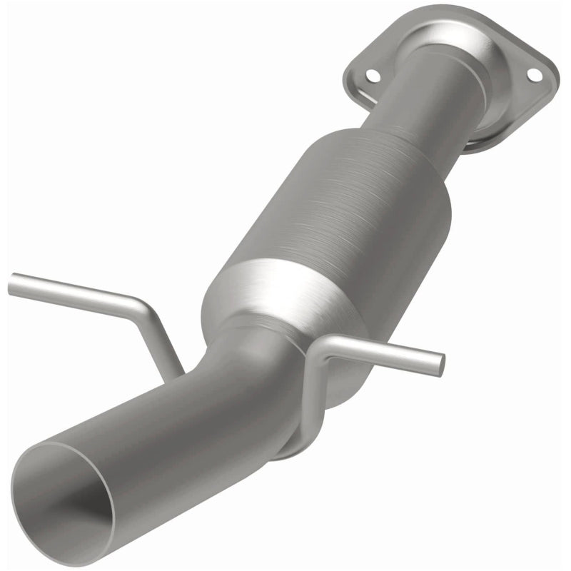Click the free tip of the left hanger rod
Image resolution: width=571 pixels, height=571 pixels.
[x=13, y=285]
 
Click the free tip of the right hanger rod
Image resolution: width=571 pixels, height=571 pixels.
[x=440, y=364]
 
